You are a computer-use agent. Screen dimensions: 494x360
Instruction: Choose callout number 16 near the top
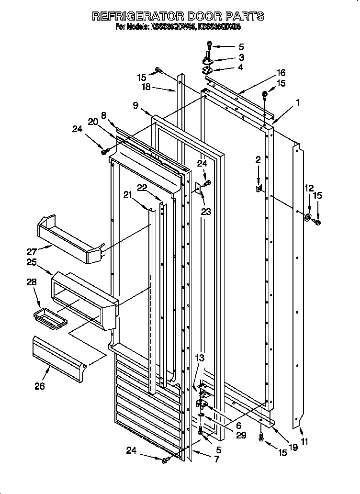click(x=281, y=73)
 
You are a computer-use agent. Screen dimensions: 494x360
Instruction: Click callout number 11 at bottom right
click(x=304, y=442)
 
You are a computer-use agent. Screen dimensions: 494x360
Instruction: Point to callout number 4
click(x=240, y=67)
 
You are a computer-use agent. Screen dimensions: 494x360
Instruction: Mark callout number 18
click(x=146, y=87)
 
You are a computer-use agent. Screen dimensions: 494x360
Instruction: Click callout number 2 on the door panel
click(x=258, y=160)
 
